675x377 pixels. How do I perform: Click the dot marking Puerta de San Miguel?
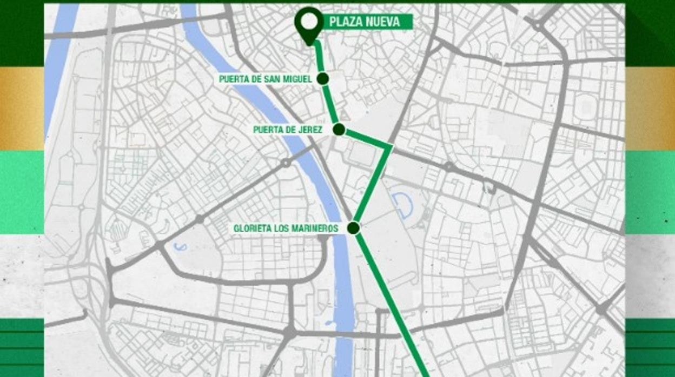tap(323, 79)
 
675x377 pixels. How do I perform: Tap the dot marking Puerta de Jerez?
tap(339, 130)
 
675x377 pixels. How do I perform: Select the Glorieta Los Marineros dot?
tap(354, 228)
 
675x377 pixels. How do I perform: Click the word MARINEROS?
tap(316, 228)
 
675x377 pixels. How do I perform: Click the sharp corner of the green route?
tap(390, 146)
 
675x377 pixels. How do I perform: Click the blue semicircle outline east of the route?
tap(403, 205)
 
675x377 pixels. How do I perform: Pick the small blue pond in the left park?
tap(180, 247)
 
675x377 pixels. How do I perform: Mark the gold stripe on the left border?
tap(22, 108)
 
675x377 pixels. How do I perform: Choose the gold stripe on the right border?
tap(650, 108)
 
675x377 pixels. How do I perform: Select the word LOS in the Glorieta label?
tap(283, 228)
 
